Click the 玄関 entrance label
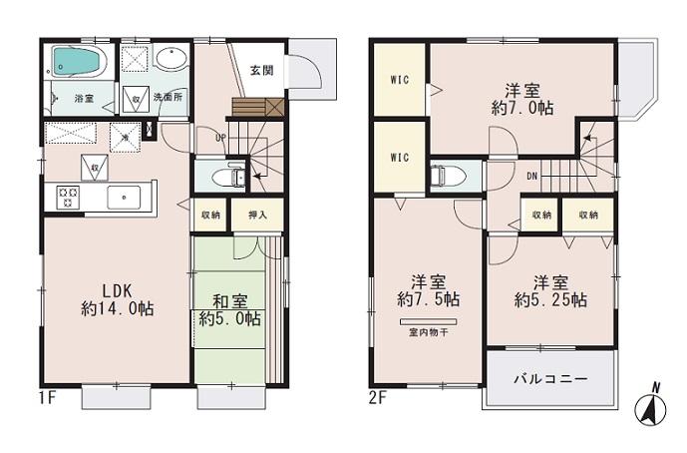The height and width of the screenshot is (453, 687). point(262,70)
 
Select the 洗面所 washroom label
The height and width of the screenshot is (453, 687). point(168,98)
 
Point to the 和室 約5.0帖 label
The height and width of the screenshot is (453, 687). point(229,310)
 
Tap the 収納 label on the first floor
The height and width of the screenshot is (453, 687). point(210,215)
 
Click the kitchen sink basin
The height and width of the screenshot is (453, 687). point(124,197)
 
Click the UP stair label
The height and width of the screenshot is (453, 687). point(220,139)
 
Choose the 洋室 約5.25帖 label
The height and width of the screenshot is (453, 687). point(549,289)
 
